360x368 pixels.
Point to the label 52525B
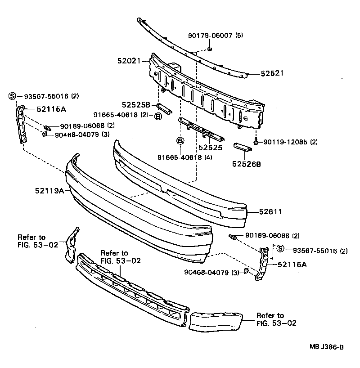coord(137,105)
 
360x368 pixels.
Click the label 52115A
coord(51,108)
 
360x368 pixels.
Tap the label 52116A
coord(292,265)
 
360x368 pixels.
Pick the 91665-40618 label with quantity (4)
coord(179,157)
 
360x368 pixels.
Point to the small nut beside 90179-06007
coord(210,49)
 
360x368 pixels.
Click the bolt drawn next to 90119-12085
coord(256,142)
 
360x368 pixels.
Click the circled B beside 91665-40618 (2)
coord(157,117)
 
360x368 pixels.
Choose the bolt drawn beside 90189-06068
coord(47,126)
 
